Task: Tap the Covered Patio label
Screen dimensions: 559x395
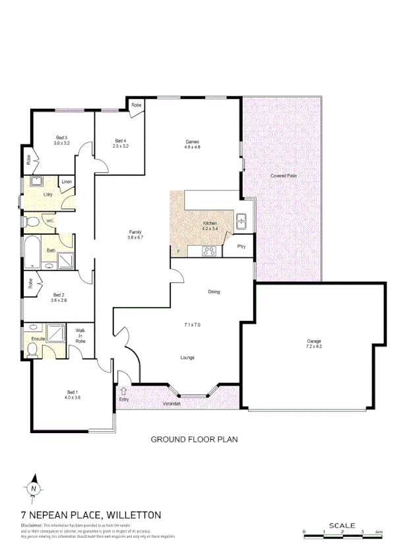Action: [282, 176]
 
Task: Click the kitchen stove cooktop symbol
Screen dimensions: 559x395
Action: [209, 250]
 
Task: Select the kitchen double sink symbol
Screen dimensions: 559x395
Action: [241, 221]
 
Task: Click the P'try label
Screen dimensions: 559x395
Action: [241, 247]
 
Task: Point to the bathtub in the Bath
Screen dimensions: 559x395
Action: [32, 251]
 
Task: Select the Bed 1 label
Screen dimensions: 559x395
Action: [72, 394]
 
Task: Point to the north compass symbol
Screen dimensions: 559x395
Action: [33, 488]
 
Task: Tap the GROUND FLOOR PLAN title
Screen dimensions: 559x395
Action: [194, 438]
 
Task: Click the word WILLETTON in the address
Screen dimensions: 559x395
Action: [126, 514]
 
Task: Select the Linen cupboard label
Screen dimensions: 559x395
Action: [67, 182]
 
